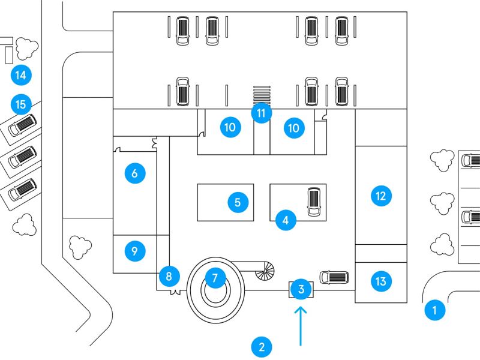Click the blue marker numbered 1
point(434,310)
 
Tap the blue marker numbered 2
point(260,346)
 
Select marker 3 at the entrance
point(301,290)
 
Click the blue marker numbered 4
point(286,220)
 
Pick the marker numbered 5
point(238,202)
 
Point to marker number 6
point(134,173)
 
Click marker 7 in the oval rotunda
point(214,278)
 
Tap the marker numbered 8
point(169,277)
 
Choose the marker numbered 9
point(134,251)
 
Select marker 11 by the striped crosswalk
point(261,112)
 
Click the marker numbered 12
point(380,195)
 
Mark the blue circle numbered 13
point(380,280)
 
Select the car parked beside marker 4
point(314,202)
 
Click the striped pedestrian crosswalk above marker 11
point(262,94)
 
